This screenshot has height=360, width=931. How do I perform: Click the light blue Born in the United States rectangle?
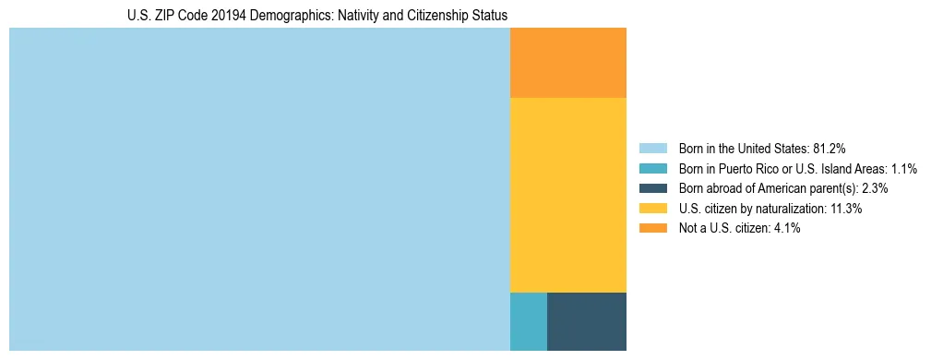(x=259, y=189)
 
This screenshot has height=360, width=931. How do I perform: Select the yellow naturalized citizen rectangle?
(x=567, y=195)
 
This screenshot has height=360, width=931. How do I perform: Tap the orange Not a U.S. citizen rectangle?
(x=567, y=63)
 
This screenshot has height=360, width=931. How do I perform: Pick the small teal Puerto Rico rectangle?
(x=528, y=321)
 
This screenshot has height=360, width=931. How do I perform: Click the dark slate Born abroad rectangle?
(x=587, y=321)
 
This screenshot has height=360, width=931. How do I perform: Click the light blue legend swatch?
(x=653, y=149)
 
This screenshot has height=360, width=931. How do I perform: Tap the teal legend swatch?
(x=653, y=169)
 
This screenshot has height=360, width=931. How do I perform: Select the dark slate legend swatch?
(x=653, y=188)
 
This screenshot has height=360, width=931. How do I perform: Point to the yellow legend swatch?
(x=653, y=209)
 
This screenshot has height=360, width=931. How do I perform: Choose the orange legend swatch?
(x=653, y=229)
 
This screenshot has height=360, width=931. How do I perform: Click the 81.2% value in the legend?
(x=830, y=149)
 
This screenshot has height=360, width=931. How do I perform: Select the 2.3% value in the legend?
(x=875, y=188)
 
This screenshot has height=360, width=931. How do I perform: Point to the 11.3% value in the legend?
(x=845, y=209)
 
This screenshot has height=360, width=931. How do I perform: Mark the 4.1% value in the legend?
(x=786, y=229)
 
